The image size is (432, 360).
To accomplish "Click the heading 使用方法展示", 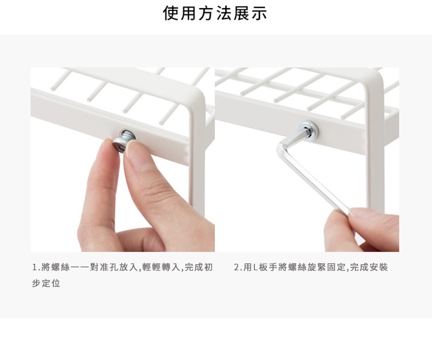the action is pyautogui.click(x=215, y=13).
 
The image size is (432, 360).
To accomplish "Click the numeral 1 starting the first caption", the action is pyautogui.click(x=35, y=268).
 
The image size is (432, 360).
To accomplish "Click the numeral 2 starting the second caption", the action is pyautogui.click(x=237, y=268).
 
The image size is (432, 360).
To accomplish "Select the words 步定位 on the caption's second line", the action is pyautogui.click(x=46, y=283).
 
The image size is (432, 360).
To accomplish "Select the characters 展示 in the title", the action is pyautogui.click(x=250, y=13).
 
